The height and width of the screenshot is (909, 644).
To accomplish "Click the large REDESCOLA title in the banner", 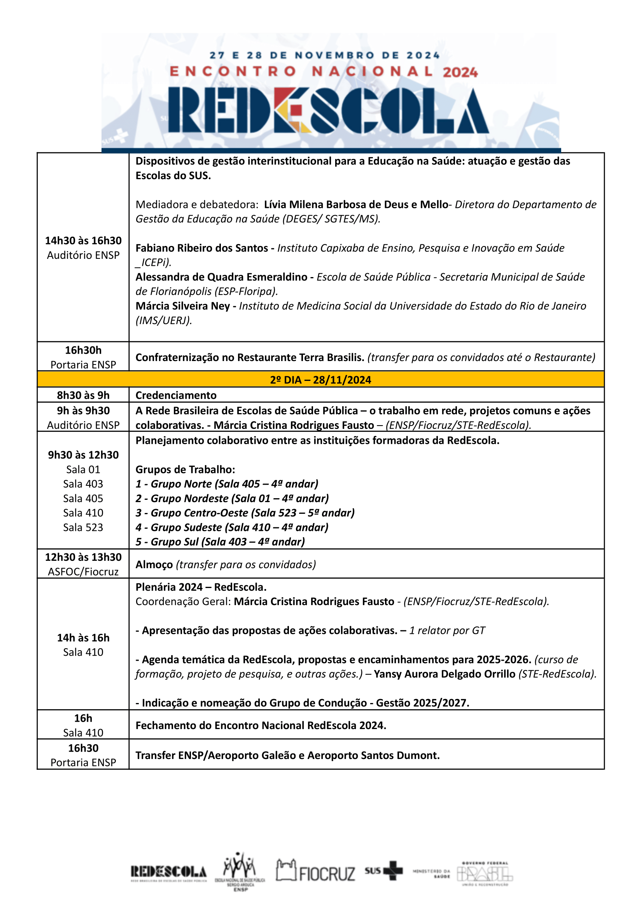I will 328,110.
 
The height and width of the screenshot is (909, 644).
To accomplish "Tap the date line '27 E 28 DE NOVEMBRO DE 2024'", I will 324,55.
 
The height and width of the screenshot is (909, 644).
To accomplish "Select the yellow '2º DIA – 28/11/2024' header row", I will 320,380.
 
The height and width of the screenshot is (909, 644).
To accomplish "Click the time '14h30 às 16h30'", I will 83,241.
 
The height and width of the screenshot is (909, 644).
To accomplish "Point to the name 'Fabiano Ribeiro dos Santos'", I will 202,248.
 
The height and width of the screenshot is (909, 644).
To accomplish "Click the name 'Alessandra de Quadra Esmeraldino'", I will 221,277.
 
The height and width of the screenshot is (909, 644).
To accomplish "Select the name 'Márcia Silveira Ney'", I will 182,306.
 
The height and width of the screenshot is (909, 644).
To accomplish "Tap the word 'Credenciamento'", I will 176,395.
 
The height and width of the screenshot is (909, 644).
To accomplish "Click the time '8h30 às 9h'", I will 83,395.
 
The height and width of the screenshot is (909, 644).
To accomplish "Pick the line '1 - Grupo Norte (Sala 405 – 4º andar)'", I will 227,484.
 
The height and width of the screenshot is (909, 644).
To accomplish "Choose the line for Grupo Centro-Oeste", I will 245,513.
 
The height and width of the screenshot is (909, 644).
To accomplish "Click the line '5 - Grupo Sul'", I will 220,542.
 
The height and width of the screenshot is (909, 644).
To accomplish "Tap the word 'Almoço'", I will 154,564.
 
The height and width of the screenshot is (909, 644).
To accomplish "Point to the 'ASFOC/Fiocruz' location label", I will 83,572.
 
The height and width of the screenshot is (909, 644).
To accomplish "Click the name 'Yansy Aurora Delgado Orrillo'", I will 444,674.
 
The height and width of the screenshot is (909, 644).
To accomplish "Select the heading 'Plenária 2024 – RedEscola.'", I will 201,587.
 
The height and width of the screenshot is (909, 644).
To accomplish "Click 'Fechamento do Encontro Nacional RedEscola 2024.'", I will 261,725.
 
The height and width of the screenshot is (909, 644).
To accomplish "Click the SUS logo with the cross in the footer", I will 383,871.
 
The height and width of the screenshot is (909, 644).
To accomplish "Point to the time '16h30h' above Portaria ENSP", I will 83,350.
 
